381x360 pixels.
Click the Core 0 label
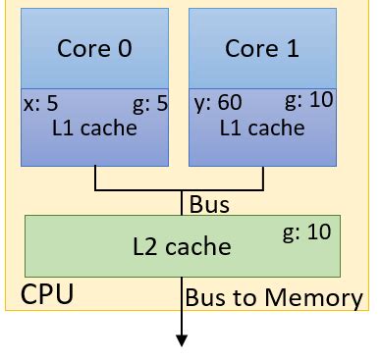tap(95, 49)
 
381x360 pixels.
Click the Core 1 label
tap(261, 49)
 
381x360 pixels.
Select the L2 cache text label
tap(182, 246)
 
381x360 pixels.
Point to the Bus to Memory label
tap(274, 297)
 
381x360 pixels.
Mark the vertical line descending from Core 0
tap(95, 178)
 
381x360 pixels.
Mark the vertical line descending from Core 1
tap(262, 178)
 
